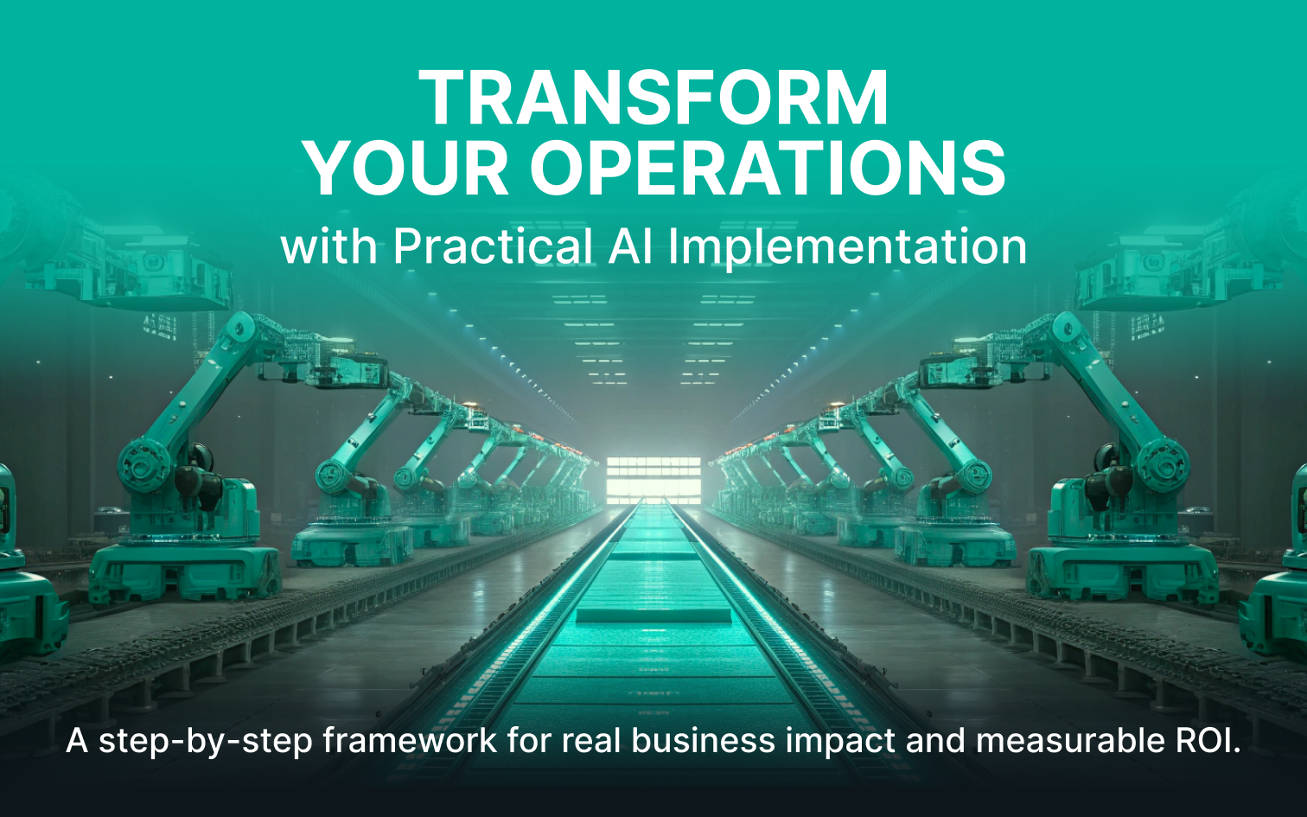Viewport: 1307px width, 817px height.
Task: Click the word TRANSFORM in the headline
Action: [653, 98]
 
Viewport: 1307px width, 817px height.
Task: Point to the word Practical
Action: [493, 246]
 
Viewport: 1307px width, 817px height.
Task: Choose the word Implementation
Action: [846, 248]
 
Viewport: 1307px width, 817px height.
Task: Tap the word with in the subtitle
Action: [329, 247]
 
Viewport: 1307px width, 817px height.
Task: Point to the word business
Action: [703, 740]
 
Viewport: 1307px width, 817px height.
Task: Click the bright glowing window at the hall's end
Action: [653, 480]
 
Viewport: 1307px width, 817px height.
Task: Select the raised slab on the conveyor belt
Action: [653, 614]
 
